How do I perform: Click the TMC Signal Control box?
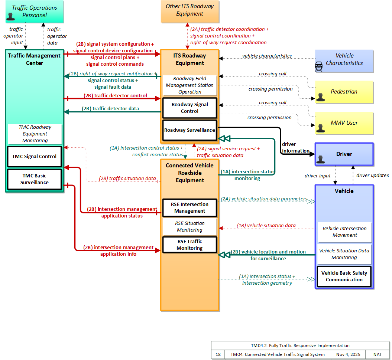[x=35, y=157]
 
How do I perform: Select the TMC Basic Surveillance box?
[x=35, y=179]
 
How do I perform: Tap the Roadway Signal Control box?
[x=190, y=108]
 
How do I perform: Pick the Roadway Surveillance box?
[x=190, y=130]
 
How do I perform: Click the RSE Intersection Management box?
[x=190, y=208]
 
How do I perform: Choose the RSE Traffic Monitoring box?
[x=190, y=245]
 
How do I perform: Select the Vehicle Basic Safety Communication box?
[x=344, y=276]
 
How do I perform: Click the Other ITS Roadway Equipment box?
[x=190, y=12]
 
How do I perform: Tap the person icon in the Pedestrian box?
[x=321, y=97]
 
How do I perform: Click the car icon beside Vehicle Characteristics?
[x=319, y=67]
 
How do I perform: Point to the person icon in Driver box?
[x=321, y=159]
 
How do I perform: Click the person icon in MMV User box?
[x=321, y=128]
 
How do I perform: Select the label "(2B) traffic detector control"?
[x=115, y=95]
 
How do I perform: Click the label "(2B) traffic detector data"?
[x=110, y=109]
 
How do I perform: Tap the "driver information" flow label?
[x=296, y=148]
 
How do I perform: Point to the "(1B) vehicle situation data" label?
[x=266, y=225]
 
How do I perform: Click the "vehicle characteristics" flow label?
[x=267, y=56]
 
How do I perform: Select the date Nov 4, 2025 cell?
[x=348, y=354]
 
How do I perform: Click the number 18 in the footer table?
[x=218, y=354]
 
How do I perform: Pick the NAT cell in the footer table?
[x=378, y=354]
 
